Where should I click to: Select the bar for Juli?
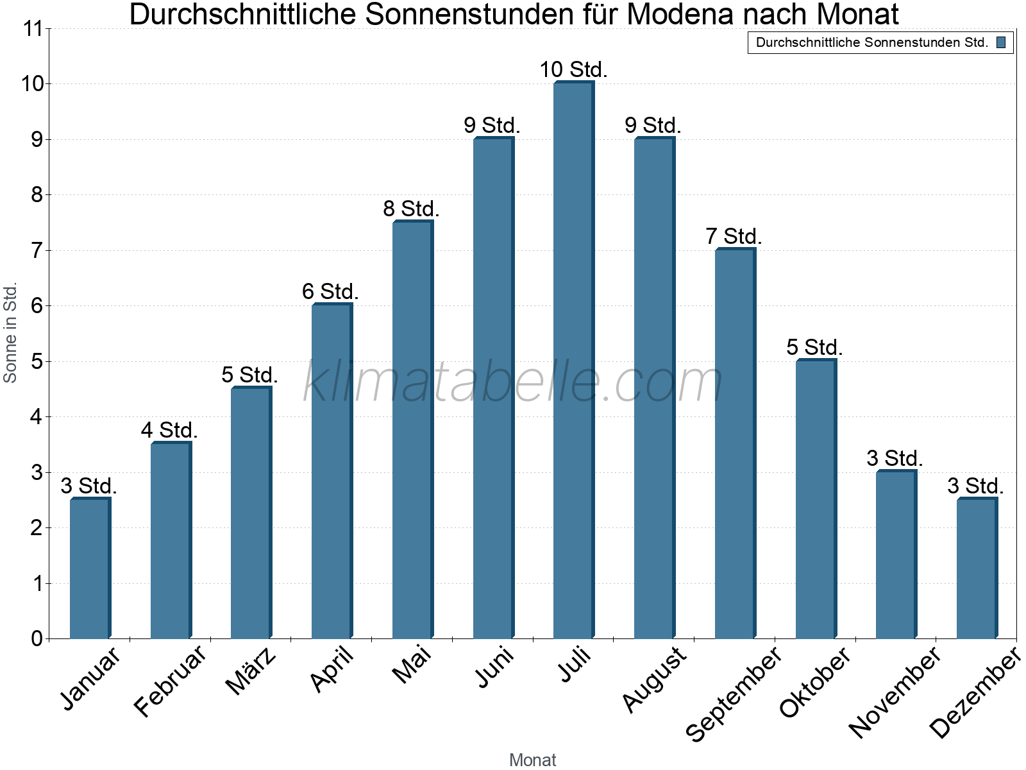click(x=573, y=359)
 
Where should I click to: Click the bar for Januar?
click(x=90, y=568)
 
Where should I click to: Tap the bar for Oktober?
click(x=816, y=499)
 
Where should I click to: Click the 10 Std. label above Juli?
click(x=573, y=69)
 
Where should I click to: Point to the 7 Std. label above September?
click(x=734, y=236)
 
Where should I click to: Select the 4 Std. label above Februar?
click(x=169, y=430)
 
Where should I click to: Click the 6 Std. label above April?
click(x=330, y=291)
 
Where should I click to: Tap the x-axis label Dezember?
click(x=975, y=693)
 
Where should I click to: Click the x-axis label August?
click(x=654, y=679)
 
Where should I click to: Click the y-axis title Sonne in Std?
click(x=10, y=332)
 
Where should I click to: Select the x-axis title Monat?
click(x=532, y=760)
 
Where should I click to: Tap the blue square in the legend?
click(x=1001, y=42)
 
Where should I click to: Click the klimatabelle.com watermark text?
click(x=513, y=382)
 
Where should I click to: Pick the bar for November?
click(x=896, y=554)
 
